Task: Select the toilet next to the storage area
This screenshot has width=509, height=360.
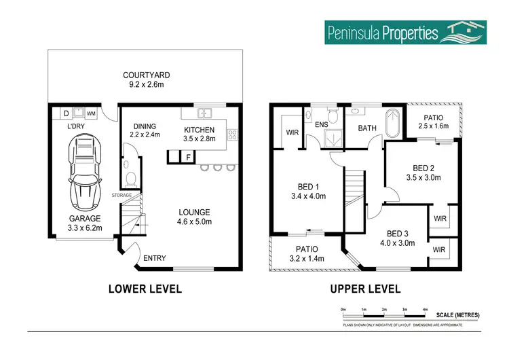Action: [x=130, y=177]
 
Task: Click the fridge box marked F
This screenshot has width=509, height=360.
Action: [x=187, y=158]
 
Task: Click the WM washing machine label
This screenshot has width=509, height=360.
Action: [x=90, y=113]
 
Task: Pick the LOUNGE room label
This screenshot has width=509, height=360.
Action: [x=193, y=212]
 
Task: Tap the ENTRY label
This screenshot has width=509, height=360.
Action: [x=155, y=258]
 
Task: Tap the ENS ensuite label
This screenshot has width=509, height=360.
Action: [x=322, y=124]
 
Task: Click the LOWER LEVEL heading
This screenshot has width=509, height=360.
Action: [x=145, y=289]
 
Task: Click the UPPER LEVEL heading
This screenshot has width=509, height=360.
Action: [x=365, y=289]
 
